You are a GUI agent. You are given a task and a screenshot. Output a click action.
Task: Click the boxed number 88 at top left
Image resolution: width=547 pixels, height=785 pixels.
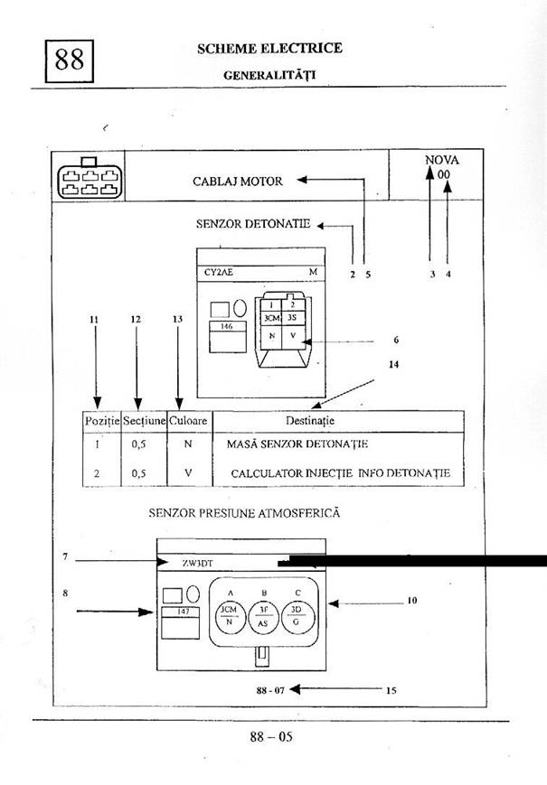click(x=70, y=61)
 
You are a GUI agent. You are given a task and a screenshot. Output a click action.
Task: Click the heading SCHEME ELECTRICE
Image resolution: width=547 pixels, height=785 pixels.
click(x=269, y=49)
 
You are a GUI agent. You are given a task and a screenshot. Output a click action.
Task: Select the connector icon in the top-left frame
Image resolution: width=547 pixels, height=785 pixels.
click(x=89, y=179)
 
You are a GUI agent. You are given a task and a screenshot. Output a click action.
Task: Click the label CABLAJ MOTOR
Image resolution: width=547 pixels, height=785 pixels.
click(x=238, y=181)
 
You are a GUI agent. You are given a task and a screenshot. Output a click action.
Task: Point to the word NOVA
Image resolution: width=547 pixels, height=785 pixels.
click(x=441, y=160)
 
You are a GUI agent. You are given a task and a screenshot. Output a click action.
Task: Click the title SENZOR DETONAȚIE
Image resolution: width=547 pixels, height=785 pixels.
click(x=253, y=223)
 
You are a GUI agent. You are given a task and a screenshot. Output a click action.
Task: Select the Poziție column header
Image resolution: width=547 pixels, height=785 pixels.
click(x=101, y=421)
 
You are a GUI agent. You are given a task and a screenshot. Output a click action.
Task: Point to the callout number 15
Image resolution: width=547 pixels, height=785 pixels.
click(x=391, y=690)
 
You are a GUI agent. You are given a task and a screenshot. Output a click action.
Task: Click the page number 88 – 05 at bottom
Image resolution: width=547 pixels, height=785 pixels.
click(x=271, y=736)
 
